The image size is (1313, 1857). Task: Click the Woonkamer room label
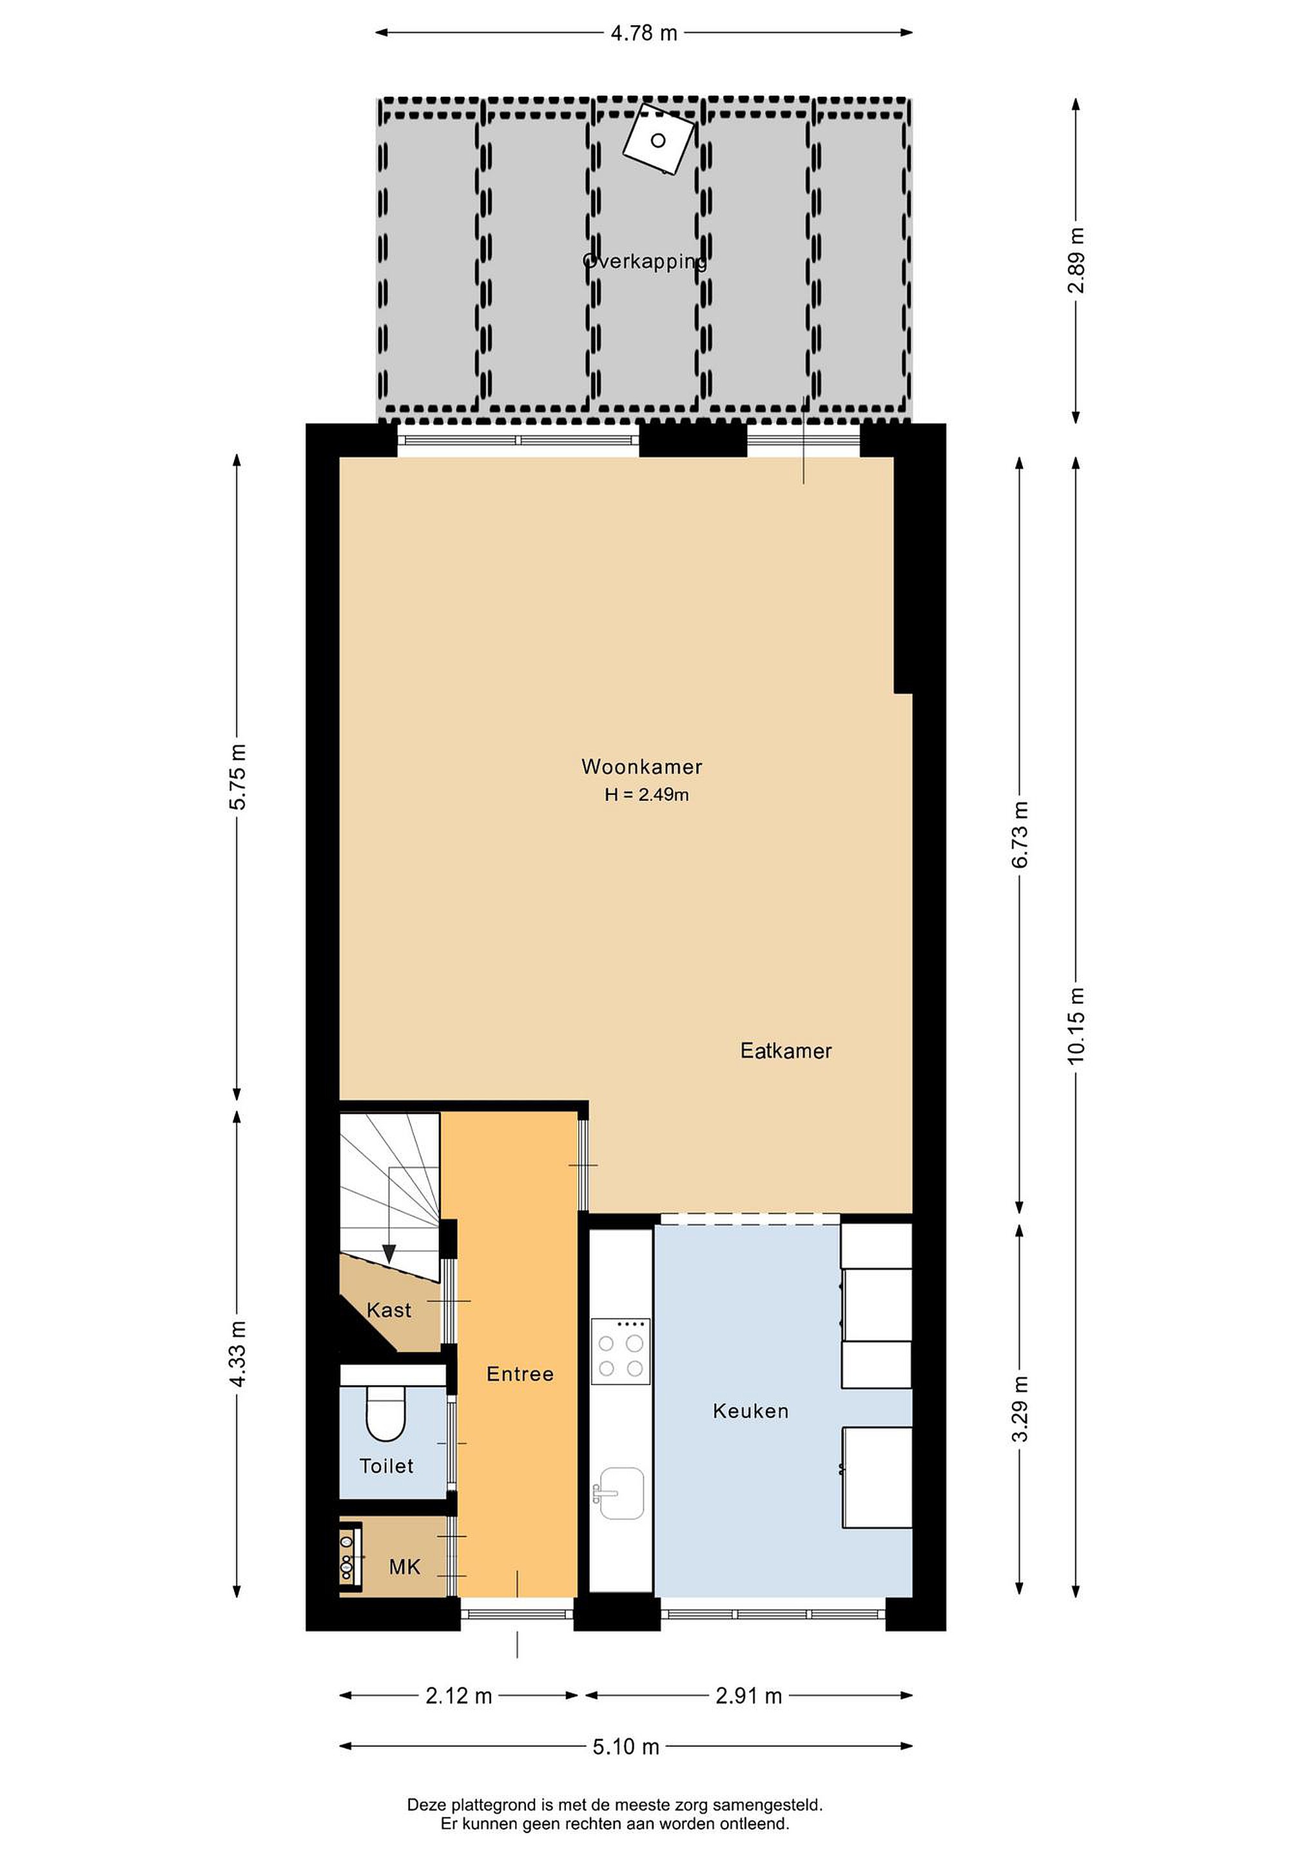[x=642, y=767]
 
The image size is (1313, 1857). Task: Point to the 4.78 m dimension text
[x=643, y=33]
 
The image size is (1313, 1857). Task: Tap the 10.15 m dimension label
[x=1076, y=1027]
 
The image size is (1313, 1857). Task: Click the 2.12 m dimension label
[x=458, y=1696]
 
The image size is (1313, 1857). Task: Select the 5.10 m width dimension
[x=626, y=1747]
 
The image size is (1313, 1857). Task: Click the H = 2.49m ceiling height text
[x=647, y=795]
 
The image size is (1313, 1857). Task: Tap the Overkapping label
[x=645, y=260]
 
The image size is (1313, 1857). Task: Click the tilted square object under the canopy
[x=659, y=139]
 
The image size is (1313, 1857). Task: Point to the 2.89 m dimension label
[x=1076, y=260]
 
